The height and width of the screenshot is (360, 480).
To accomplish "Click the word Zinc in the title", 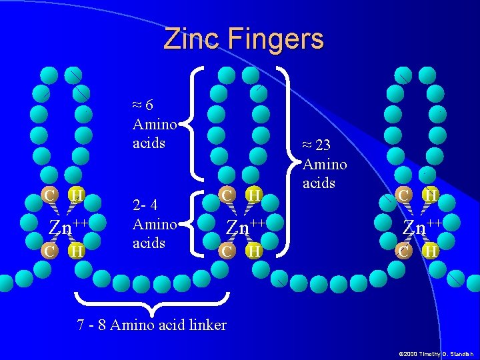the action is pos(192,39).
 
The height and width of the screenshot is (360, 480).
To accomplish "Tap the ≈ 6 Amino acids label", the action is pos(154,124).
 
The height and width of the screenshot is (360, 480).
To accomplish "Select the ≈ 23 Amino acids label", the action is pos(325,163).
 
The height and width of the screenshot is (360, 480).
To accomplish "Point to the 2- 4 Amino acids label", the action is pos(154,224).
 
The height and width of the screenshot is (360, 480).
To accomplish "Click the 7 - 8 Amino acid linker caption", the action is pos(152,325).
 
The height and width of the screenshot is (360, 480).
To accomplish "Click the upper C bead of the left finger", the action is pos(49,195).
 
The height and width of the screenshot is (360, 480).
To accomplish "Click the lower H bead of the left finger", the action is pos(77,251).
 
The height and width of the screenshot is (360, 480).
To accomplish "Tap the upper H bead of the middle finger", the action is pos(253,195).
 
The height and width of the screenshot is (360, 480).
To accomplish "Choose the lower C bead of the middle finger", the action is pos(227,251).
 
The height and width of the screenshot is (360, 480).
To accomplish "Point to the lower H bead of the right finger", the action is pos(431,251).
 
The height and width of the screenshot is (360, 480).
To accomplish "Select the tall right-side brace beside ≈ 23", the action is pos(289,160).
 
